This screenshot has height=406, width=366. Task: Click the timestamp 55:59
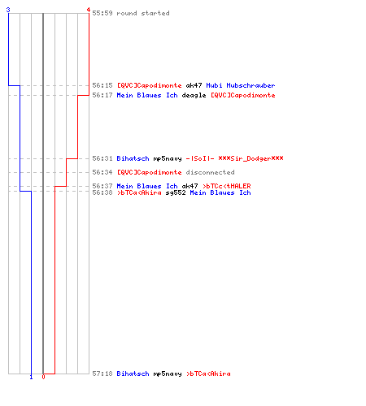[102, 13]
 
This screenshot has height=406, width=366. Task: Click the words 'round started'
[143, 13]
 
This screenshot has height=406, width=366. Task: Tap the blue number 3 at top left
[8, 10]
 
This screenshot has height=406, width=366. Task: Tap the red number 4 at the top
[88, 10]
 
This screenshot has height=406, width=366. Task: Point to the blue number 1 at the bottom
[31, 377]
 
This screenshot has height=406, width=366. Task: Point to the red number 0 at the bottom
[43, 377]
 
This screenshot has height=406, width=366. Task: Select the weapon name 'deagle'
[194, 95]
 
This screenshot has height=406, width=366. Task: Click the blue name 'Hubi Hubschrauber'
[241, 85]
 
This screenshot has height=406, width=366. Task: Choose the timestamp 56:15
[102, 85]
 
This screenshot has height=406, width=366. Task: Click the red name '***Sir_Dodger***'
[251, 158]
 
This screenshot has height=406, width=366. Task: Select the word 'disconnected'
[210, 172]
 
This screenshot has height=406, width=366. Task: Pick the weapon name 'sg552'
[176, 192]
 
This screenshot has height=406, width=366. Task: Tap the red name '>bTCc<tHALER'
[227, 186]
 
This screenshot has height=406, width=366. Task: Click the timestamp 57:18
[102, 374]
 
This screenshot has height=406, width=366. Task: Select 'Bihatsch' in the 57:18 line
[133, 374]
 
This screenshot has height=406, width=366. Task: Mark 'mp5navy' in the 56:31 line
[168, 158]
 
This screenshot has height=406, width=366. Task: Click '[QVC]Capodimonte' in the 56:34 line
[149, 172]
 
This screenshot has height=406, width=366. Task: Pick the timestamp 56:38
[102, 192]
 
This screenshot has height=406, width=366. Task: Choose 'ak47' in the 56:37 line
[190, 186]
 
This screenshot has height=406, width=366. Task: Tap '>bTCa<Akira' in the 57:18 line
[208, 374]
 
